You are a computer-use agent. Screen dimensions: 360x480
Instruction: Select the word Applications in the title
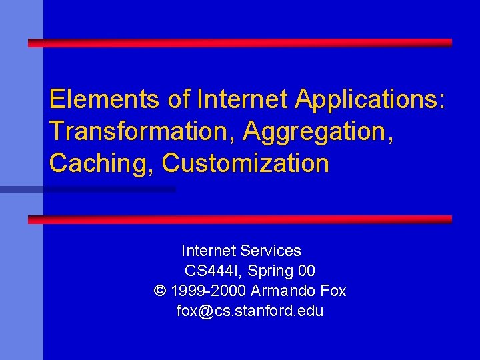tap(369, 99)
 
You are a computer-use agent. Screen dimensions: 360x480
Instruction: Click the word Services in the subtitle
tap(271, 251)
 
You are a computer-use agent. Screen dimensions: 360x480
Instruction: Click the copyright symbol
tap(159, 291)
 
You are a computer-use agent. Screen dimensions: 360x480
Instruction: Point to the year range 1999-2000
tap(209, 291)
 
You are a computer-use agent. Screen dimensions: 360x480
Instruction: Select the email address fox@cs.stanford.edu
tap(250, 311)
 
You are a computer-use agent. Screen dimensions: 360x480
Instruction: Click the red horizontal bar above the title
tap(240, 43)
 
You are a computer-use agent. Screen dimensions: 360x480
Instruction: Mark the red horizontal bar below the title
tap(240, 219)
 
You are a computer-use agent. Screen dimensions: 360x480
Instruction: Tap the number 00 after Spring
tap(307, 271)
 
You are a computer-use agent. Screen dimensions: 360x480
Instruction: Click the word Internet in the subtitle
tap(209, 251)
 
